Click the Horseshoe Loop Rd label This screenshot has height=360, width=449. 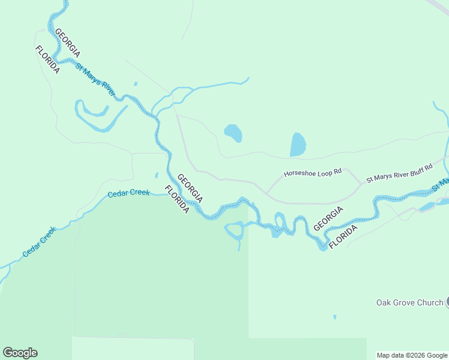tap(312, 172)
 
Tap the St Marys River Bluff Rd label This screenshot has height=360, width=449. tap(399, 173)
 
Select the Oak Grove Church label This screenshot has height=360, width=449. tap(409, 302)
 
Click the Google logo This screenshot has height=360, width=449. tap(20, 353)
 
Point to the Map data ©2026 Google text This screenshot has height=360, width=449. tap(412, 355)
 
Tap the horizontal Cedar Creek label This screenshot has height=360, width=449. tap(128, 193)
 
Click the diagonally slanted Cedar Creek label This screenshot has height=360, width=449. tap(39, 242)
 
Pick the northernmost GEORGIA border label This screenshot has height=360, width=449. tap(67, 43)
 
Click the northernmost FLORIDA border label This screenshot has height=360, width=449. tap(47, 59)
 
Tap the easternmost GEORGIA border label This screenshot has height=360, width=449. tap(328, 218)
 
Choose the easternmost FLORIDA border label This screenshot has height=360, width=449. tap(344, 236)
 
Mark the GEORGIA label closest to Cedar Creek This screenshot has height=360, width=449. tap(190, 188)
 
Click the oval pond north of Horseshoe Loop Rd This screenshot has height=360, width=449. tap(233, 133)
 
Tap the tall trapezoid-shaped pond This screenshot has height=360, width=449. tap(298, 145)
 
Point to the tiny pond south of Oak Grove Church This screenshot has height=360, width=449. tap(334, 317)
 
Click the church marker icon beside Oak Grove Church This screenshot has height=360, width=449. tap(447, 302)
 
